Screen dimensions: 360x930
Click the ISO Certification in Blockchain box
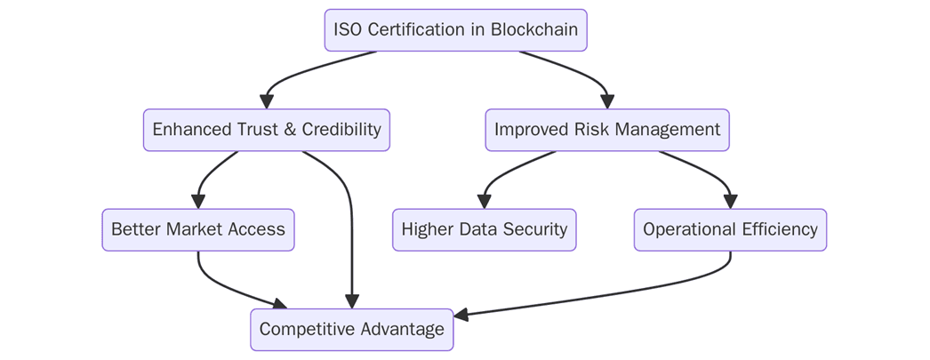click(455, 30)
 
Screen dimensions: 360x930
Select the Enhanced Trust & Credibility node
click(266, 130)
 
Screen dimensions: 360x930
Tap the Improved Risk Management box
click(607, 130)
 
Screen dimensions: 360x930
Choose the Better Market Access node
click(197, 230)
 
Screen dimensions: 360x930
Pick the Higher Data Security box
click(484, 230)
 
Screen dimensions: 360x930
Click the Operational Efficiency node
click(730, 230)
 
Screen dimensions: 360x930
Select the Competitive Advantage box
click(351, 330)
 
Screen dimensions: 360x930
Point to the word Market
click(194, 230)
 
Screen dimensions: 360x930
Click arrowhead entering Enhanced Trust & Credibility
click(266, 101)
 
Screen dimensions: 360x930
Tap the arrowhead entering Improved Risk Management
click(607, 101)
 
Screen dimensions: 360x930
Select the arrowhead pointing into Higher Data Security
click(484, 202)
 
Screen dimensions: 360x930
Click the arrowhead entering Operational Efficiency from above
click(730, 202)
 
